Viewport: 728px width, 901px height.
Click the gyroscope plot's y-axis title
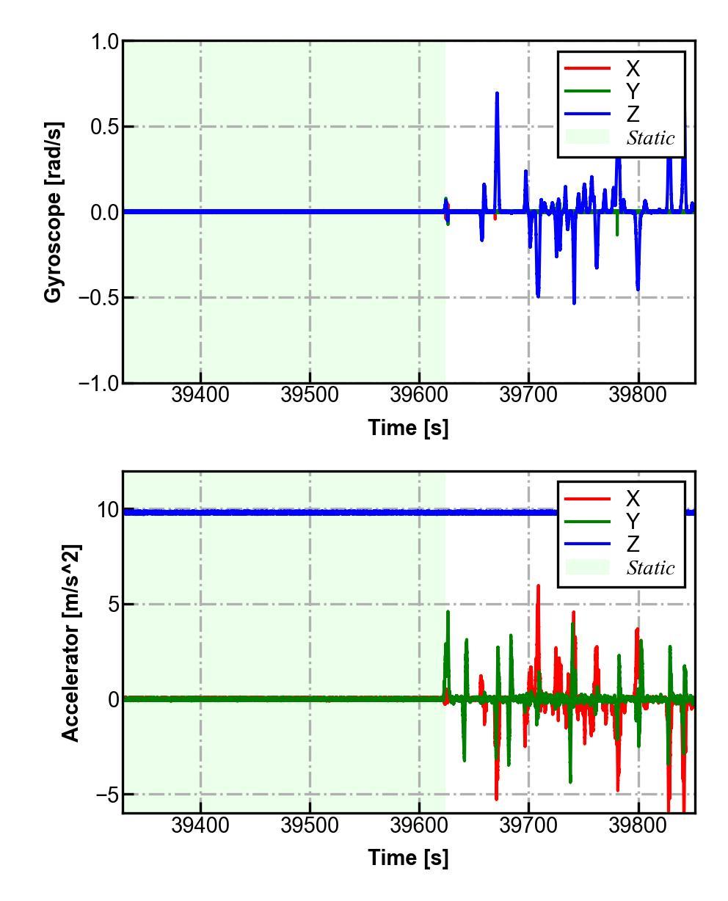coord(53,212)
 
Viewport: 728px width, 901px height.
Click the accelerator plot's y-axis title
coord(70,643)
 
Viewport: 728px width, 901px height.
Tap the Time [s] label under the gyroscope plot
coord(408,427)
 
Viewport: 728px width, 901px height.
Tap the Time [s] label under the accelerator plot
coord(408,857)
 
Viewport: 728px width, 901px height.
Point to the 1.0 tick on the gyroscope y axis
coord(105,42)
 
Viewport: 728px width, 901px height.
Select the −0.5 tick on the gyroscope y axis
coord(100,298)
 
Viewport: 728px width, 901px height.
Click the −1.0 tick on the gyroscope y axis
coord(100,383)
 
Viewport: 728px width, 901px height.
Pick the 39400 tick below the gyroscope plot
coord(200,395)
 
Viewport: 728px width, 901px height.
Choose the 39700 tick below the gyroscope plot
coord(528,395)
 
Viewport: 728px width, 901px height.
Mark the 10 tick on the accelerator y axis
coord(108,510)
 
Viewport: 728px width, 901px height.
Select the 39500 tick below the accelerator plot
coord(310,825)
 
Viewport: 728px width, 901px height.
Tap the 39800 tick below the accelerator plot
coord(638,825)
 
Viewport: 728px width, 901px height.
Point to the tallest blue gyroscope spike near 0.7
coord(497,94)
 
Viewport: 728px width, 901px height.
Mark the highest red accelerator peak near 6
coord(538,586)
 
